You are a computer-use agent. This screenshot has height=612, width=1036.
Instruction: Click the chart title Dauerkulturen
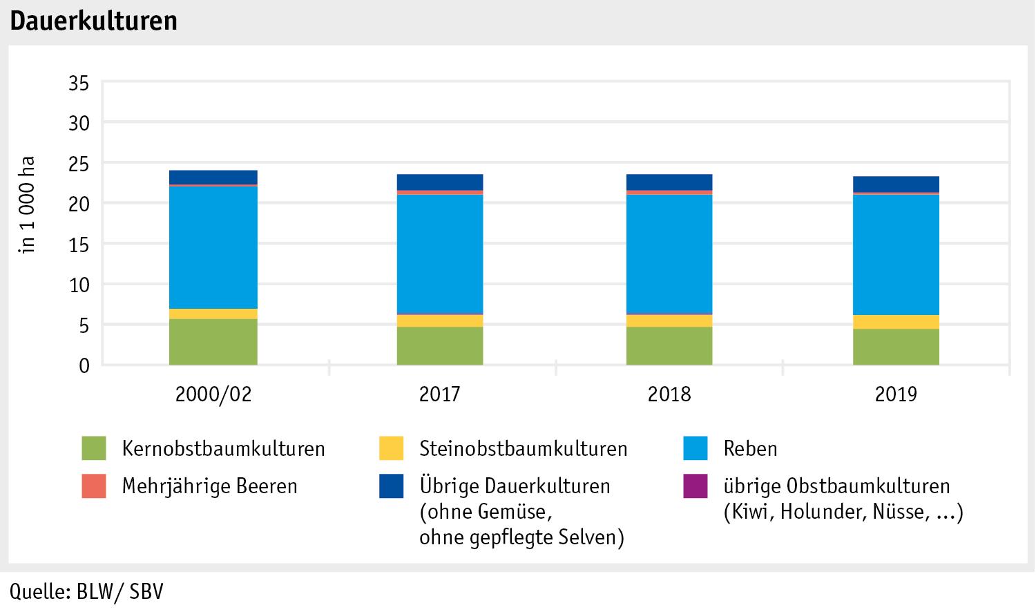(x=93, y=21)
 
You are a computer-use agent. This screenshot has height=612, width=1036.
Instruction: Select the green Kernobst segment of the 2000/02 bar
(x=213, y=342)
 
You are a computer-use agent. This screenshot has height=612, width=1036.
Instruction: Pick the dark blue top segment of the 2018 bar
(x=669, y=182)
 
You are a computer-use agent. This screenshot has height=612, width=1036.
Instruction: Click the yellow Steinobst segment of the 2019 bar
(x=896, y=322)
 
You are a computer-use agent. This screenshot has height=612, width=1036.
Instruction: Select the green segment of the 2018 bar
(x=669, y=345)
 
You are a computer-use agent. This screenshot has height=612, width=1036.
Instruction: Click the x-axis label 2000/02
(x=213, y=394)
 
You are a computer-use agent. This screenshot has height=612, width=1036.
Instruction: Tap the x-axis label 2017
(x=440, y=394)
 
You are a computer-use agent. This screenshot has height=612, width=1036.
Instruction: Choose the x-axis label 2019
(x=896, y=394)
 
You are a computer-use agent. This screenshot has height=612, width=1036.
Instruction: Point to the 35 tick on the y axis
(x=79, y=84)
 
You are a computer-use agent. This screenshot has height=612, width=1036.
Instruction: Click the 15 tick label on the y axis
(x=79, y=245)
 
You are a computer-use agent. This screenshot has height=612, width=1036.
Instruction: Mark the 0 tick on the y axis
(x=84, y=365)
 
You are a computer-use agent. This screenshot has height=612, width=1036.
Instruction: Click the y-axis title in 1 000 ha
(x=28, y=206)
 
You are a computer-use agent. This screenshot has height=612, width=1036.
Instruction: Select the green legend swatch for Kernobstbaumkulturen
(x=94, y=448)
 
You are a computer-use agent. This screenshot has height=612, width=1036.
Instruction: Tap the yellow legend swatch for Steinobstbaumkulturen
(x=391, y=448)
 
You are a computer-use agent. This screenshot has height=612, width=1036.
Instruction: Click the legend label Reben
(x=750, y=448)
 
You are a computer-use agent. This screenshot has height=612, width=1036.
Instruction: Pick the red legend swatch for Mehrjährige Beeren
(x=94, y=486)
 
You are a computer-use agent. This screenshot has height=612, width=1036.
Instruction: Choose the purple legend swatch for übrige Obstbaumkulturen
(x=696, y=486)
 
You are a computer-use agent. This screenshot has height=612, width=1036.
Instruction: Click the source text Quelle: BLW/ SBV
(x=86, y=593)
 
